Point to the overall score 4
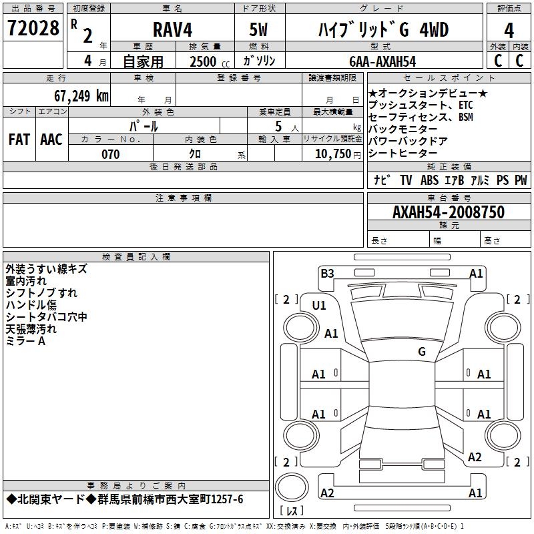click(x=509, y=31)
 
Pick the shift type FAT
click(x=19, y=140)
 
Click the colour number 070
click(x=110, y=154)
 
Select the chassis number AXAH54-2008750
click(x=449, y=213)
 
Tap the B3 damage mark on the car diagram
click(x=327, y=273)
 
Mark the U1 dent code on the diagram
click(x=319, y=305)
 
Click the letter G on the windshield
click(x=422, y=352)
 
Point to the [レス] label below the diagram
click(x=292, y=511)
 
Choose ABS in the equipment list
click(x=429, y=180)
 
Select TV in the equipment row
click(x=406, y=180)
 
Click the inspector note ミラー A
click(x=25, y=341)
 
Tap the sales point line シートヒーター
click(x=398, y=154)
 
